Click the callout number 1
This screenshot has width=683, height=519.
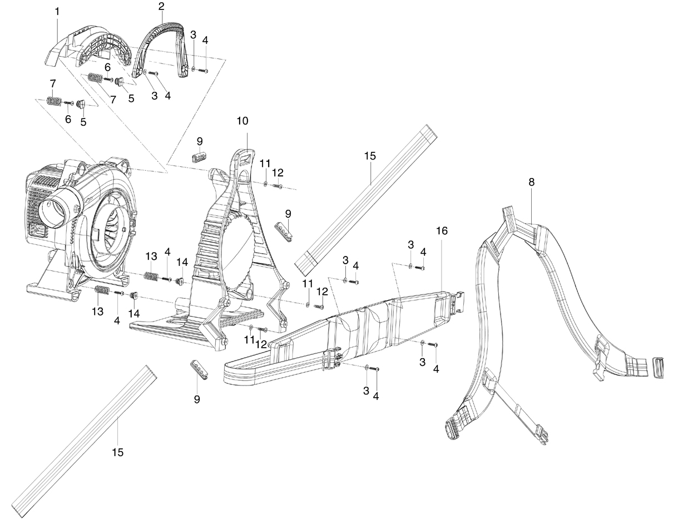pyautogui.click(x=57, y=12)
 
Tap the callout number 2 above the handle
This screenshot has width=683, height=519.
pyautogui.click(x=161, y=6)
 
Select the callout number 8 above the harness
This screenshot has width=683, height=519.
pyautogui.click(x=531, y=182)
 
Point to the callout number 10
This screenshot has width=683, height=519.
pyautogui.click(x=242, y=121)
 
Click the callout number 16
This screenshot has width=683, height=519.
pyautogui.click(x=442, y=231)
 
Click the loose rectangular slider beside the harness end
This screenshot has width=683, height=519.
pyautogui.click(x=658, y=368)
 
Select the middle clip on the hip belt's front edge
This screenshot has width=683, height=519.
pyautogui.click(x=331, y=359)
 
